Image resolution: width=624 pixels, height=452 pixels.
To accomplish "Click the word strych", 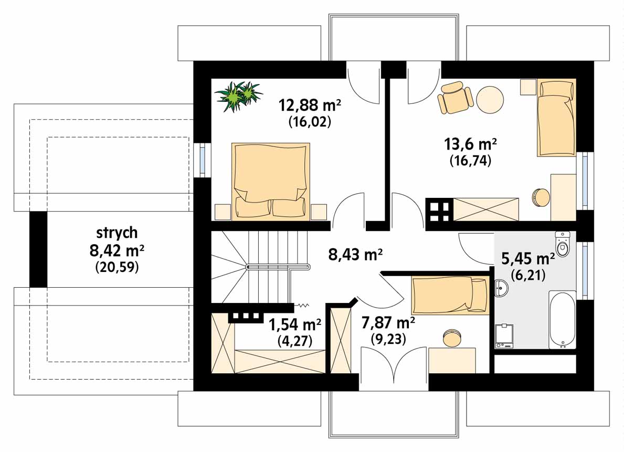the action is coord(117,233).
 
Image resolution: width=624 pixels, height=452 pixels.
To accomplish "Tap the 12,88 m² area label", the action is coord(310,105).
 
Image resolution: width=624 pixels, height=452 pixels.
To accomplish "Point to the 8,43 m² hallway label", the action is coord(355,254).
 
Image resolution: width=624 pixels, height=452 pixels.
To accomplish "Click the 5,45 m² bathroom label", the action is coord(527,259).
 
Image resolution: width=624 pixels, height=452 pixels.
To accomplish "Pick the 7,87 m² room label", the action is coord(388,322).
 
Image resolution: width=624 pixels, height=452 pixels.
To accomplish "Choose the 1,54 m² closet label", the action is coord(295,325).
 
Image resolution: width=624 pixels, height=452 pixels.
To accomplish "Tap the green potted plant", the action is coord(238,96).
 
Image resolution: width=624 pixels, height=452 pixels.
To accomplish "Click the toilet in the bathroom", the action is coord(563,243).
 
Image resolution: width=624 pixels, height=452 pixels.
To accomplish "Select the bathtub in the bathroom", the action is coord(562,320).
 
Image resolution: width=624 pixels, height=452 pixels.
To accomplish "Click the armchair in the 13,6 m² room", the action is coord(454,97).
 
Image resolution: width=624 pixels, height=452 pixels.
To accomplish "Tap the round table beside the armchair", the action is coord(490,100).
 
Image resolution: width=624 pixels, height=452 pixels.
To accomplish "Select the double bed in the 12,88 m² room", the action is coord(271,181).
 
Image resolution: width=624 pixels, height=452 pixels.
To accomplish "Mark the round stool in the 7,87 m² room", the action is coord(452,338).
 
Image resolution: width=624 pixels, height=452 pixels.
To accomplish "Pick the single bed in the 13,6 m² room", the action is coord(556,118).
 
